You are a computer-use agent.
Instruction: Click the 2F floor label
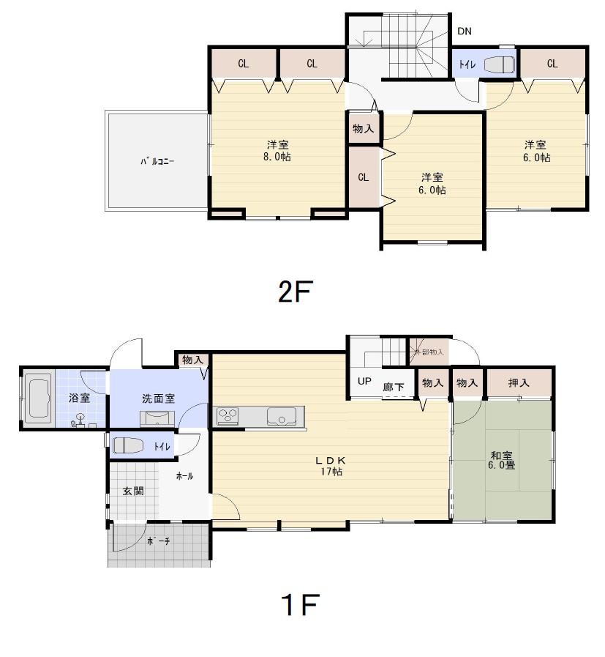click(x=295, y=292)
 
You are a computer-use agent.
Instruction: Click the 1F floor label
click(x=300, y=605)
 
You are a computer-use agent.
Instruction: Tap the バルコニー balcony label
click(x=157, y=161)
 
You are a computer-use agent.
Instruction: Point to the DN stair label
click(x=464, y=31)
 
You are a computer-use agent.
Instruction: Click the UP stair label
click(x=364, y=382)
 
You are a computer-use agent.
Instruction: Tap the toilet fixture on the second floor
click(x=499, y=64)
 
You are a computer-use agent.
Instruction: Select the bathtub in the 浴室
click(x=38, y=398)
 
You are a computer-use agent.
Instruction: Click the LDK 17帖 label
click(x=330, y=466)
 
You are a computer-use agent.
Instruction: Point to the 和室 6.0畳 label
click(x=503, y=459)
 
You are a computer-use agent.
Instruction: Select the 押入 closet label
click(x=519, y=382)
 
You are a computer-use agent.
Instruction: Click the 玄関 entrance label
click(x=132, y=491)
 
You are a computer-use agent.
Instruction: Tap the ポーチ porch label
click(x=158, y=541)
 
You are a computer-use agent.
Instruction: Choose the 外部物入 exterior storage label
click(x=429, y=352)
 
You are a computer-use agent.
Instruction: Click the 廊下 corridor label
click(x=393, y=387)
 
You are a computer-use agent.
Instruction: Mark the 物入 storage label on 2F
click(x=363, y=128)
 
